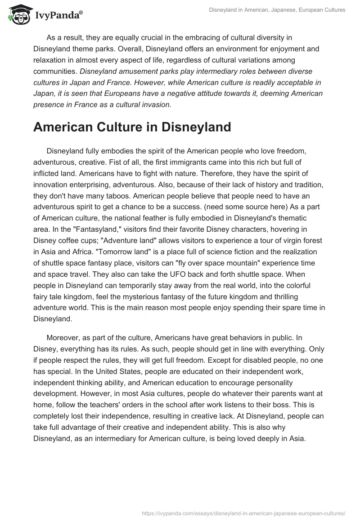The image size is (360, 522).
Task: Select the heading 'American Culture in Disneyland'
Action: click(132, 127)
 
